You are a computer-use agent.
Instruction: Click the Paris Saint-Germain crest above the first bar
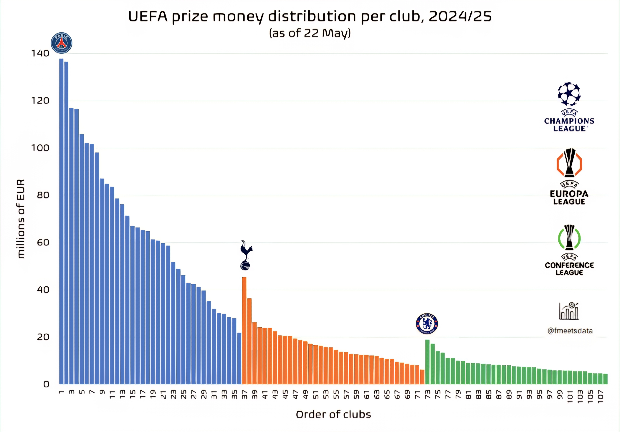coord(62,43)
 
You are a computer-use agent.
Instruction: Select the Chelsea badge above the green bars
coord(427,324)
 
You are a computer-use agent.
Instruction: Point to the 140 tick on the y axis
coord(40,53)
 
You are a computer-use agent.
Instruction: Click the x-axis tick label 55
coord(336,395)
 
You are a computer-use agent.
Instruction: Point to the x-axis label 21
coord(163,395)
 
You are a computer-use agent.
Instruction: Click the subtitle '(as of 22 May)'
coord(310,33)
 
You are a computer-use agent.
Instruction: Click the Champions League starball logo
coord(569,94)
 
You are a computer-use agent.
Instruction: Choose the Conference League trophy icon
coord(569,238)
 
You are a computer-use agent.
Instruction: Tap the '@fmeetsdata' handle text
coord(570,331)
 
